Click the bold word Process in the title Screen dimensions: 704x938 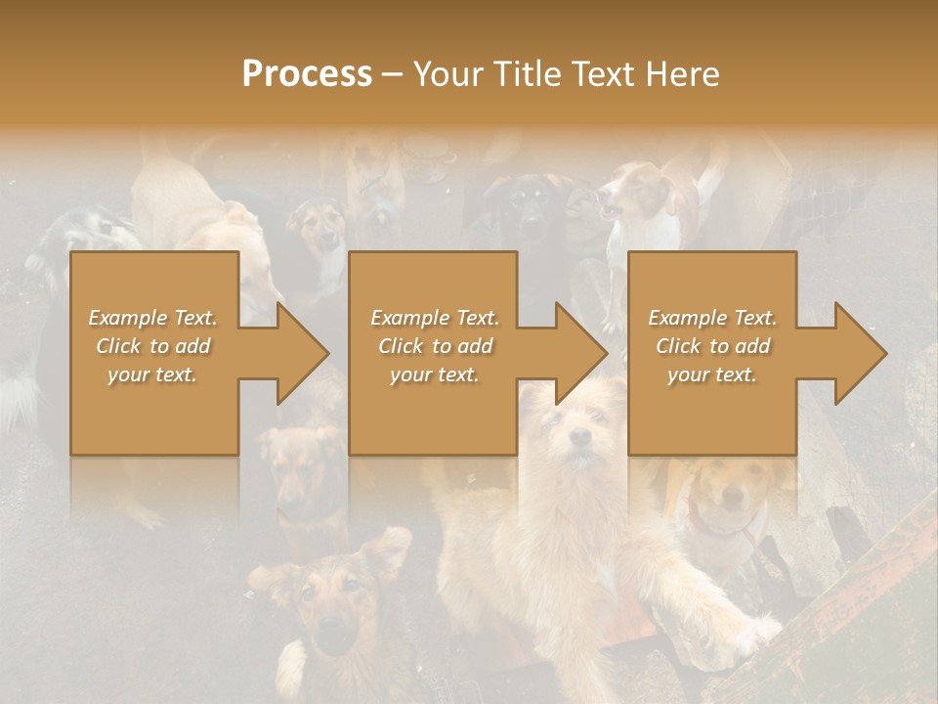[x=307, y=74]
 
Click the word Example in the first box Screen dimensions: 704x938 [x=127, y=318]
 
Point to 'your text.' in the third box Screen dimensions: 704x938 [x=711, y=374]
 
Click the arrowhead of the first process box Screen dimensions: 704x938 [x=303, y=353]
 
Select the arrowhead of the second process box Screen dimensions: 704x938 [x=581, y=353]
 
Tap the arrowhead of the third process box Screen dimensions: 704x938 [x=861, y=353]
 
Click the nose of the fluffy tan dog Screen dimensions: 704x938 [x=580, y=437]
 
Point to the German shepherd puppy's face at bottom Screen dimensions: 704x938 [x=332, y=606]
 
